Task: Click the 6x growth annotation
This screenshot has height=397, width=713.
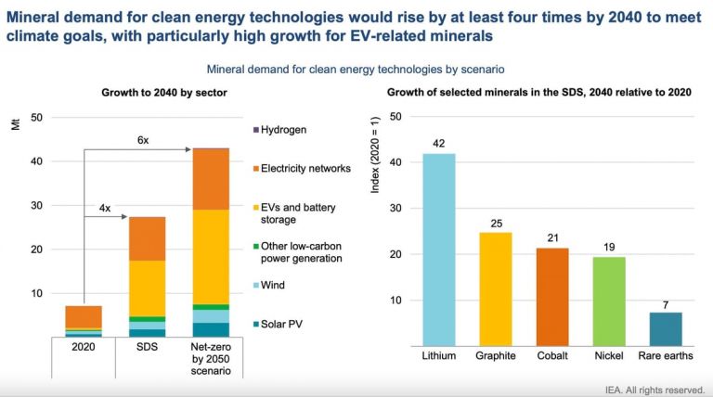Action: tap(142, 139)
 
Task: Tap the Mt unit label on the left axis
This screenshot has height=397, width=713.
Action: tap(16, 126)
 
